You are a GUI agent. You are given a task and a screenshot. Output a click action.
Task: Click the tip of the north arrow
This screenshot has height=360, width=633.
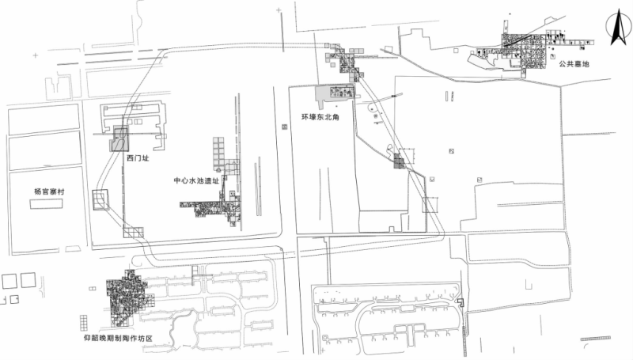click(618, 13)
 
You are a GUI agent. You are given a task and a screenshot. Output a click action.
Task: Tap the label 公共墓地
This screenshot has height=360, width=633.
click(574, 64)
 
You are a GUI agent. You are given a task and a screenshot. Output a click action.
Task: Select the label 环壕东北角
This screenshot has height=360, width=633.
click(320, 117)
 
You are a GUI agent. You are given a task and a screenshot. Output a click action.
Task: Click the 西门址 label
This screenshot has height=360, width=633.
click(138, 158)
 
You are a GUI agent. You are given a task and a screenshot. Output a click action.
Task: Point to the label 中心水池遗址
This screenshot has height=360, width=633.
click(196, 180)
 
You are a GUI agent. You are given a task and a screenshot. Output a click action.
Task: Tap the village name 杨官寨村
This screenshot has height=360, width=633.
click(49, 191)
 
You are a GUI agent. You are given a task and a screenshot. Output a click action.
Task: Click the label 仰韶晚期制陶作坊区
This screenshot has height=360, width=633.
click(118, 338)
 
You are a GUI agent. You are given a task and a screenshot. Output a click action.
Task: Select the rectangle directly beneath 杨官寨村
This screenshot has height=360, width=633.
click(47, 204)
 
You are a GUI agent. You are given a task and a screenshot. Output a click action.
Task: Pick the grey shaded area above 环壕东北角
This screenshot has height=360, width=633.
click(335, 93)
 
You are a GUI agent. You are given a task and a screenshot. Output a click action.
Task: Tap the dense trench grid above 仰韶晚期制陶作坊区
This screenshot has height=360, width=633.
click(127, 297)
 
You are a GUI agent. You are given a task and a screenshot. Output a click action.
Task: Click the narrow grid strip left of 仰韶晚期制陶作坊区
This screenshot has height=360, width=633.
click(84, 324)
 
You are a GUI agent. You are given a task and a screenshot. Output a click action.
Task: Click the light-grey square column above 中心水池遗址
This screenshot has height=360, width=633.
click(218, 153)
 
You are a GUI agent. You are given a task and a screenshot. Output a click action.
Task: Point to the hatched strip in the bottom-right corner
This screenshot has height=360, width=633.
click(596, 339)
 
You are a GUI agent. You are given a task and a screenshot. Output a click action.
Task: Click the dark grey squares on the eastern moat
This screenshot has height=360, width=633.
click(399, 161)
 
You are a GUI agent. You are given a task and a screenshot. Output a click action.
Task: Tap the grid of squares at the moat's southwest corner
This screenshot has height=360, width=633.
click(133, 233)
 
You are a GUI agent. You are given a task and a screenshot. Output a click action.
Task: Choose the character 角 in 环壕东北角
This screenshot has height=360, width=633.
click(335, 117)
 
